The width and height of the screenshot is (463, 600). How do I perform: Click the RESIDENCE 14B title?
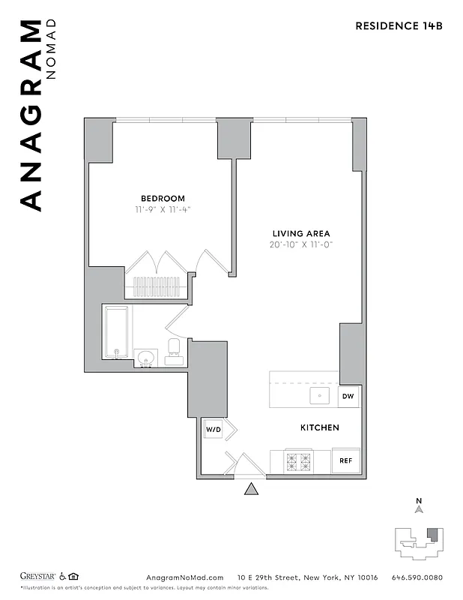click(399, 25)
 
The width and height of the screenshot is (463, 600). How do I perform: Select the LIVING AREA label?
click(300, 233)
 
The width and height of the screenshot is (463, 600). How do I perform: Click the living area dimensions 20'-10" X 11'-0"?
click(300, 245)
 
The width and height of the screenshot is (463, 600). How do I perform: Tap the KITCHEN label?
click(320, 427)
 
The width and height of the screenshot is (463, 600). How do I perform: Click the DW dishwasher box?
click(348, 396)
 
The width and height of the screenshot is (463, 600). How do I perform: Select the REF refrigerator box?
click(346, 461)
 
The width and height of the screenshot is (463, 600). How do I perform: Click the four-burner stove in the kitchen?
click(298, 461)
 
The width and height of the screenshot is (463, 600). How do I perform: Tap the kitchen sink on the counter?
click(321, 395)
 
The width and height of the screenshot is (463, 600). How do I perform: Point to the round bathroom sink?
click(145, 356)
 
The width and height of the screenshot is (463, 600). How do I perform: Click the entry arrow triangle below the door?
click(252, 490)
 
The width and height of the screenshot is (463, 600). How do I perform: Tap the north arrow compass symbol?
click(420, 510)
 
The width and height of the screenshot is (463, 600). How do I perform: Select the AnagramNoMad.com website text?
click(184, 577)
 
